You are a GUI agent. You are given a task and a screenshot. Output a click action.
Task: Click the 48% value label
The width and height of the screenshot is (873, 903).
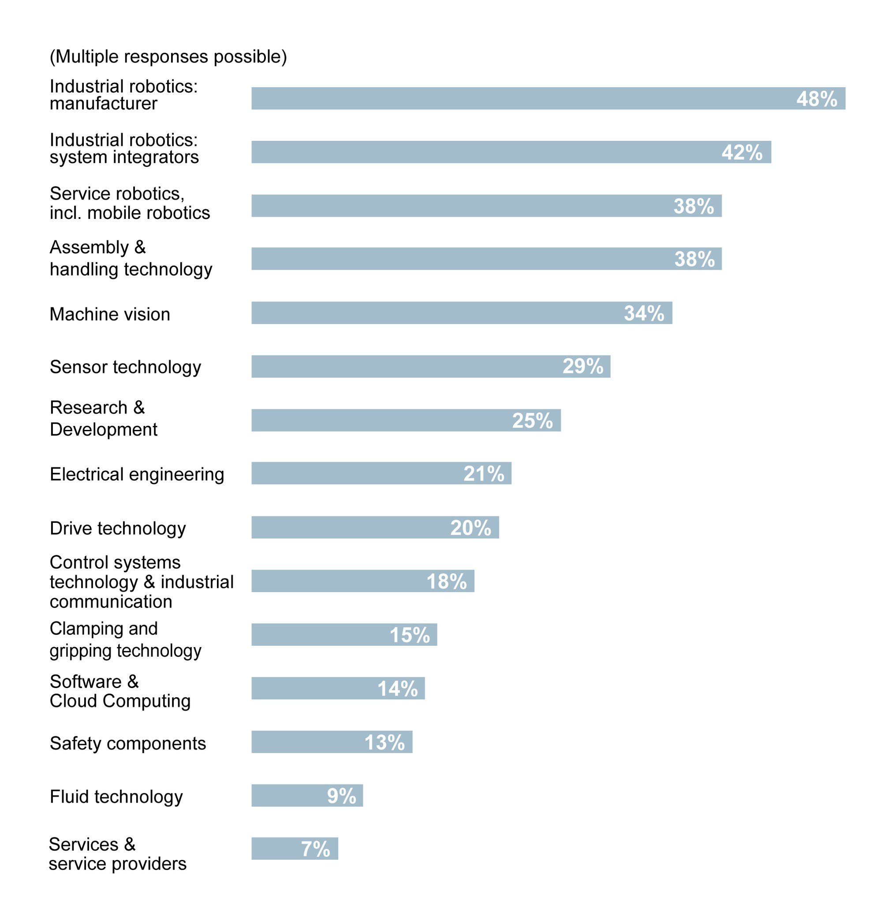coord(816,99)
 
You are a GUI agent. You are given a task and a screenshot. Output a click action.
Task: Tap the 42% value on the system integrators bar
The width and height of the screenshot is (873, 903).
coord(742,152)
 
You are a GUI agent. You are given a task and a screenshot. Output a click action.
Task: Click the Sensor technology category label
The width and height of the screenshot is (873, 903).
coord(126,367)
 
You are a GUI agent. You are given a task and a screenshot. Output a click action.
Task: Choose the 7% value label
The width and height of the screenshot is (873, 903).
coord(315,849)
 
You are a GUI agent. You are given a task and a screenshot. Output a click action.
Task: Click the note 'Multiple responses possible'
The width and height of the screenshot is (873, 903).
coord(168,57)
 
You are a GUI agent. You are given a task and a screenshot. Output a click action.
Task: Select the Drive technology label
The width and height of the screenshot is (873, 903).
coord(118,528)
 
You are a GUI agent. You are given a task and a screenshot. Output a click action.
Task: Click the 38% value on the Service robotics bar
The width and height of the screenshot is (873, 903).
coord(693,206)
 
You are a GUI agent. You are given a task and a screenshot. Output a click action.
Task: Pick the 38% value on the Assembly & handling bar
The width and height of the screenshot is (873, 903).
coord(694,259)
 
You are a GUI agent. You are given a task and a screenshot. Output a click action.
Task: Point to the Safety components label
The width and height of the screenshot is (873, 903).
coord(128,743)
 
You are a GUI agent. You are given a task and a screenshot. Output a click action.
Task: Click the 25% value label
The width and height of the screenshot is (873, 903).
coord(532,421)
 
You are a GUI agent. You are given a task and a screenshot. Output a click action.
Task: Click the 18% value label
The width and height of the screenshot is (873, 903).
coord(446,581)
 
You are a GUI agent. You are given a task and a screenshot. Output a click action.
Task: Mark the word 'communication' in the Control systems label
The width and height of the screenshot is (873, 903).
coord(111,602)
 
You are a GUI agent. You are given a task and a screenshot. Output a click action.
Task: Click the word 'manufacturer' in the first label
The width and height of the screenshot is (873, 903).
coord(103,104)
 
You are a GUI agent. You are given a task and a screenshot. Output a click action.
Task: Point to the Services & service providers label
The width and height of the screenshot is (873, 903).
coord(117,854)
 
